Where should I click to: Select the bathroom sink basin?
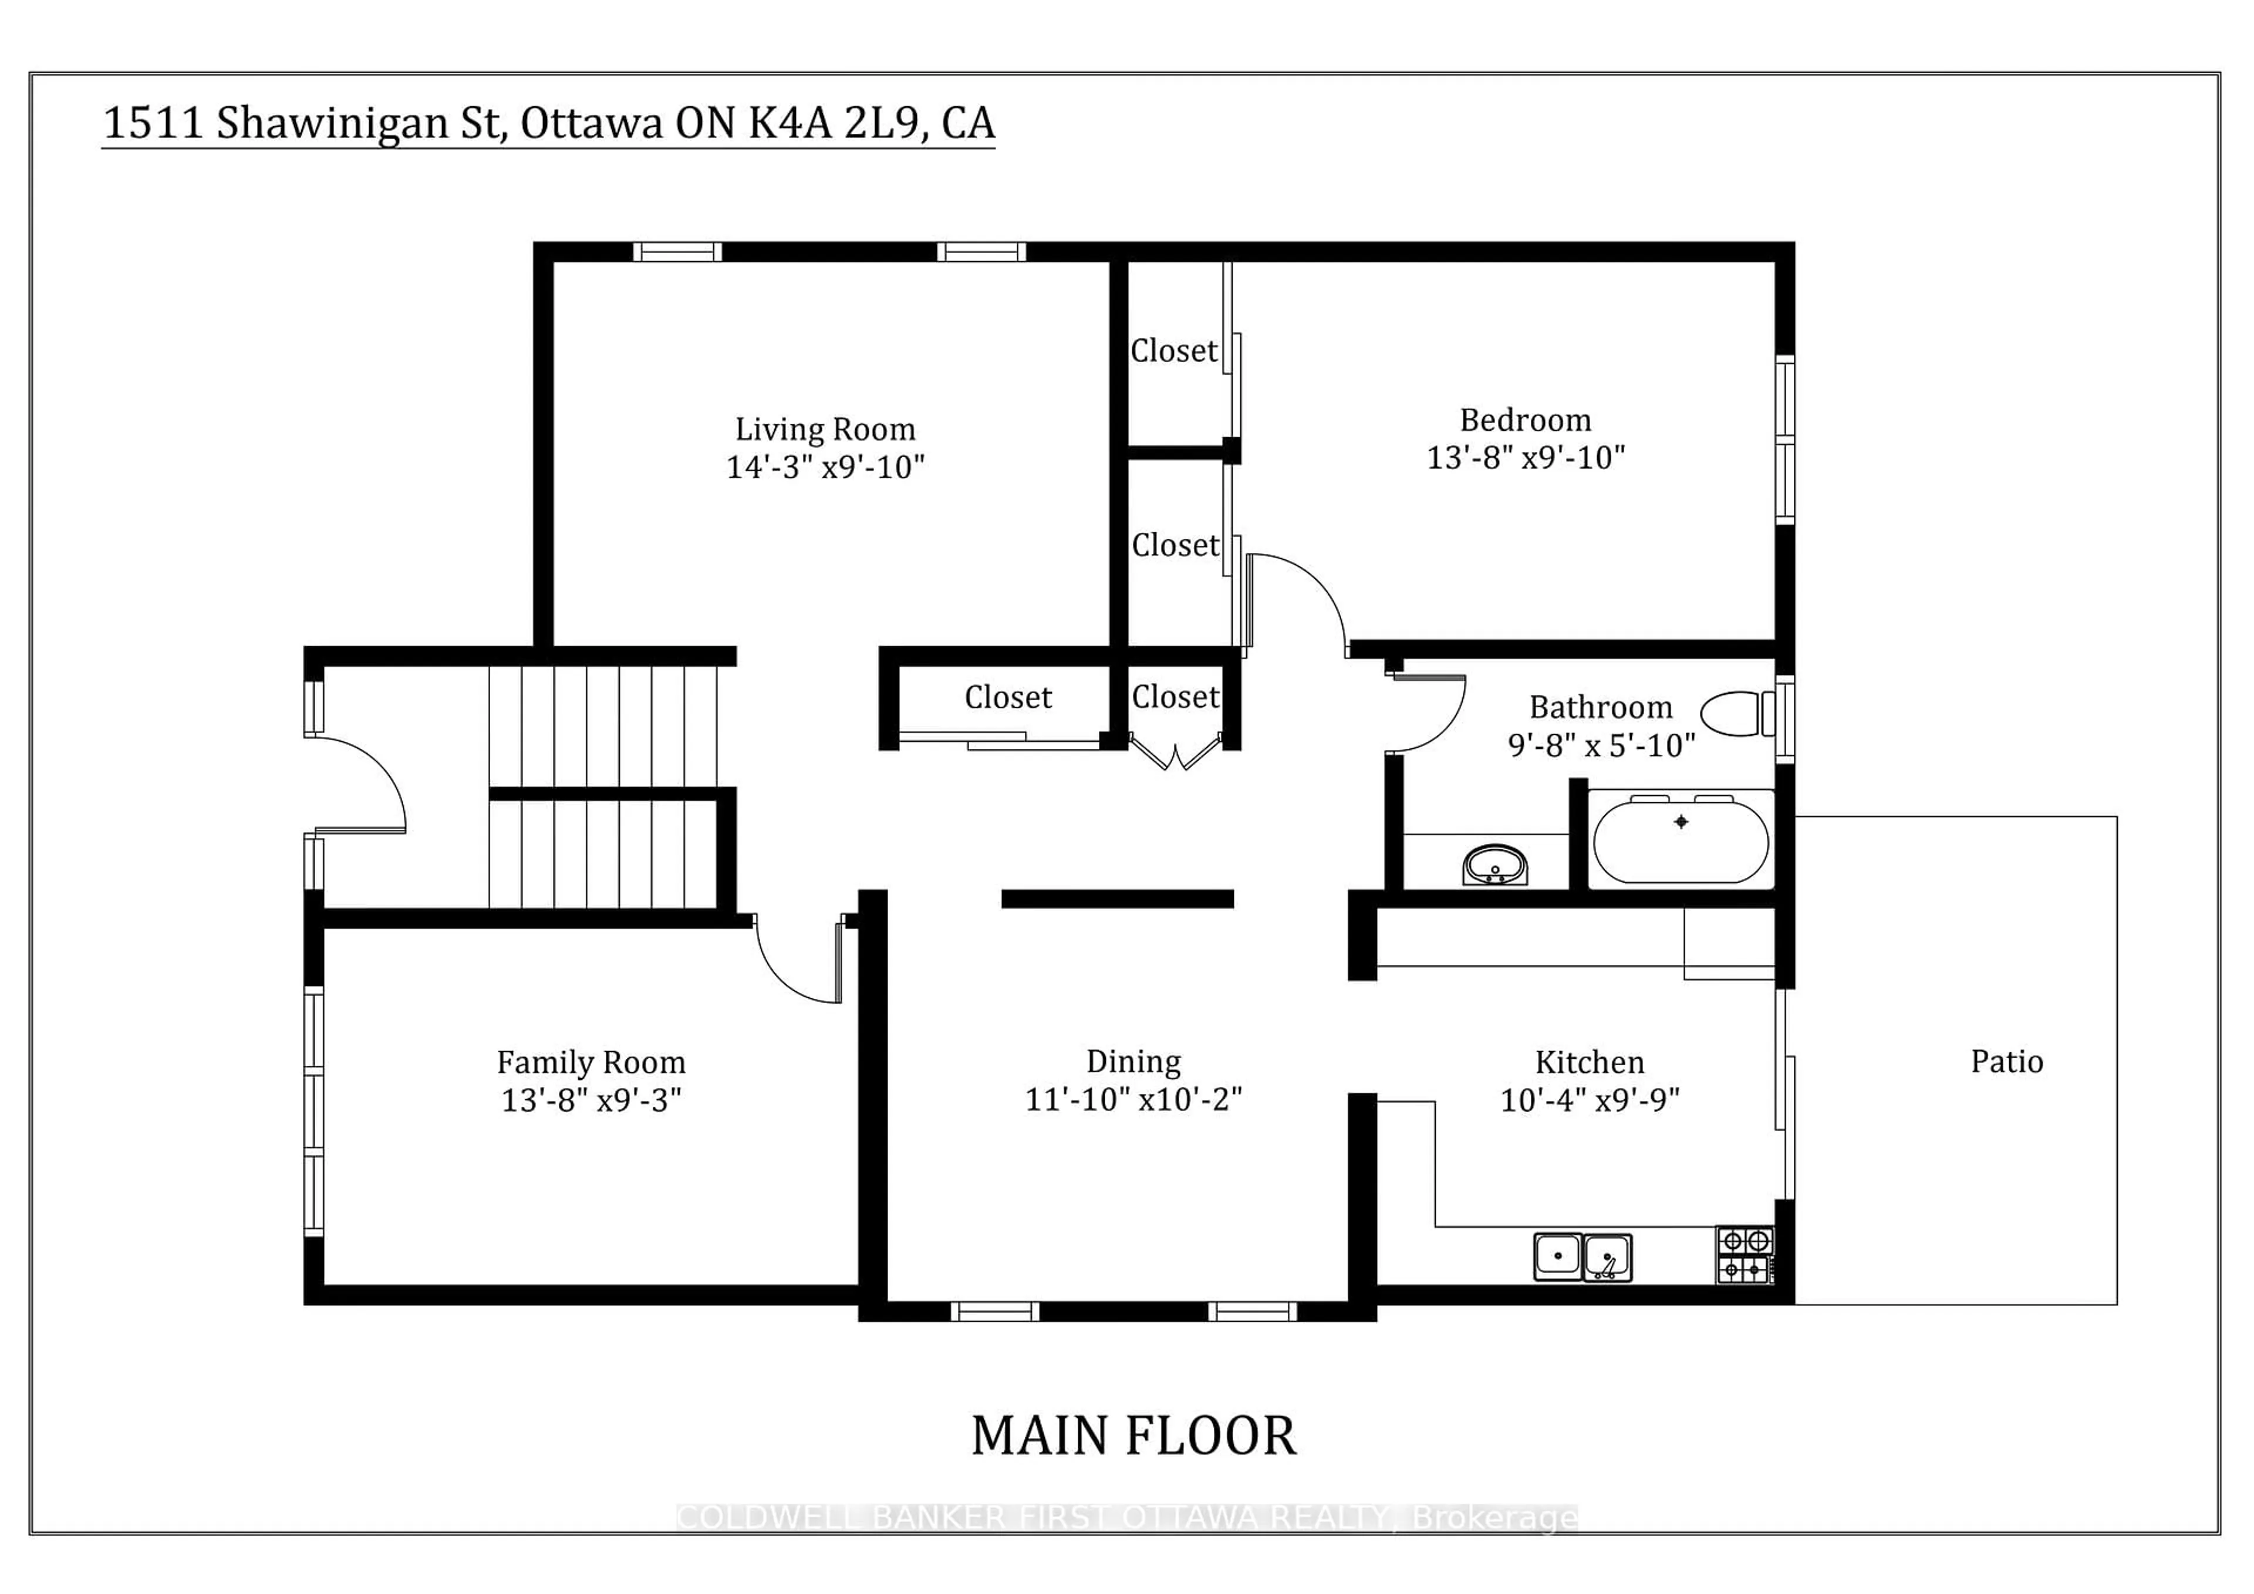(x=1494, y=864)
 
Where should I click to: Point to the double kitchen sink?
(x=1582, y=1257)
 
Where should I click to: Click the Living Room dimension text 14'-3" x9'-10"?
(x=825, y=467)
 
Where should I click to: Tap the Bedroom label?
(x=1524, y=420)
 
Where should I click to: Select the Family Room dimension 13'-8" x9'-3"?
(x=591, y=1100)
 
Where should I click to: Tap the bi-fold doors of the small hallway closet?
(x=1175, y=753)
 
